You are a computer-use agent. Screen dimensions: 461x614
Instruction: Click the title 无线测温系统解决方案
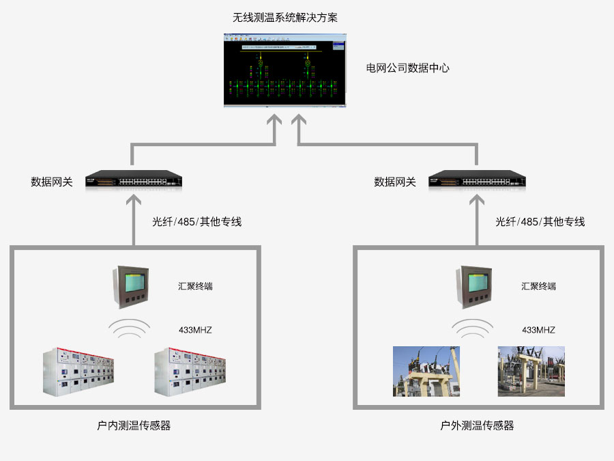pos(285,18)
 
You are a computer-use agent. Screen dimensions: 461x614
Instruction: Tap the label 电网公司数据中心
pos(408,68)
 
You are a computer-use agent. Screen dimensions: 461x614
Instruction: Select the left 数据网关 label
pos(51,182)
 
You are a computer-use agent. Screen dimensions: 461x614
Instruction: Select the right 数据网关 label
pos(395,182)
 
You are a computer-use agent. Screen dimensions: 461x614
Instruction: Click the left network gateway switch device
pos(134,181)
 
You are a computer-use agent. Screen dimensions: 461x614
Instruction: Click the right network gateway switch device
pos(478,181)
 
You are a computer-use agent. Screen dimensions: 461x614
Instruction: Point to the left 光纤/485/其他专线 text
pos(196,221)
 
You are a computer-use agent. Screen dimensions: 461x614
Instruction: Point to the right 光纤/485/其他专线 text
pos(540,221)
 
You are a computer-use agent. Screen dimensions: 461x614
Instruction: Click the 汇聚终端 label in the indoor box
pos(195,286)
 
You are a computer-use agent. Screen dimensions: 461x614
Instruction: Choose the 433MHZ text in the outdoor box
pos(539,330)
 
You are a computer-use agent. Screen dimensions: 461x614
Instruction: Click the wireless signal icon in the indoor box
pos(131,329)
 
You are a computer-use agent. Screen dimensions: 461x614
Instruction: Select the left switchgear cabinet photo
pos(78,372)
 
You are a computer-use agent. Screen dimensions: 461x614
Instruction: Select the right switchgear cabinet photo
pos(189,372)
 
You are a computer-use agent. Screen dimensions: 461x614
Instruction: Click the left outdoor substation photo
pos(426,371)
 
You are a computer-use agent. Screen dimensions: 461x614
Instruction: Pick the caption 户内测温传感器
pos(134,425)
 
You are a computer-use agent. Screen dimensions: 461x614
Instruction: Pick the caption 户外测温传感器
pos(477,425)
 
